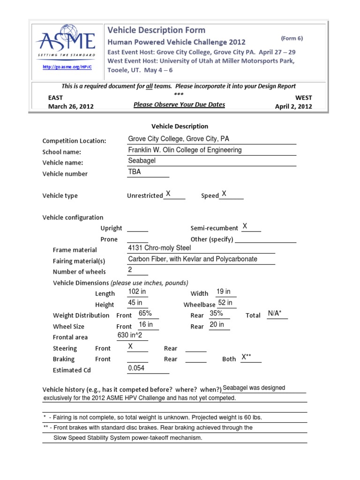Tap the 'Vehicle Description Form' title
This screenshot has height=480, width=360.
coord(157,30)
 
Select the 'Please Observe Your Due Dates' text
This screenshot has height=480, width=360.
coord(179,105)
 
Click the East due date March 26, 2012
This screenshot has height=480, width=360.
coord(71,106)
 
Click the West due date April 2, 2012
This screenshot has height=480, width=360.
coord(293,106)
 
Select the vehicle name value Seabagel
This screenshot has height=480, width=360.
coord(141,161)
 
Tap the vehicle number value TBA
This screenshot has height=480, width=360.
coord(135,172)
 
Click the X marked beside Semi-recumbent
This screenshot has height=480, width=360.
coord(245,226)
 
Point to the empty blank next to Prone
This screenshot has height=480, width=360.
coord(137,239)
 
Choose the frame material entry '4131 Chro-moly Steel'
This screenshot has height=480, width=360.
coord(157,248)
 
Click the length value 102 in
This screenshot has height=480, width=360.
coord(137,292)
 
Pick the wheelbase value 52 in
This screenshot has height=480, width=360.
coord(225,303)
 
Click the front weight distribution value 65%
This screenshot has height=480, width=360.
coord(145,314)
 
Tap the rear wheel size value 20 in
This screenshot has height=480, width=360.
coord(217,324)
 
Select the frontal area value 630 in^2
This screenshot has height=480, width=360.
coord(132,335)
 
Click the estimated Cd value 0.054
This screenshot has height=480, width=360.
coord(136,368)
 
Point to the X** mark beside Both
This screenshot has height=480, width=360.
coord(247,357)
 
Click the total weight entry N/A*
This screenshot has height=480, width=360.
coord(275,314)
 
